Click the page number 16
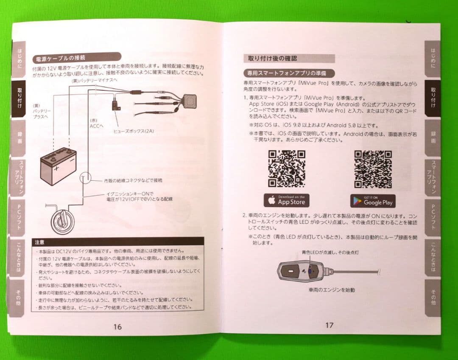117,326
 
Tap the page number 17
329,325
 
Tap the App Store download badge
287,200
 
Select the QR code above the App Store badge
287,169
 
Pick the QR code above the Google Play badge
373,169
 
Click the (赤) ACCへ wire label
96,123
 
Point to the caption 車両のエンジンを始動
332,290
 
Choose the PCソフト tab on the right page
433,217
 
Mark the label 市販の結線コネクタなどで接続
133,180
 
